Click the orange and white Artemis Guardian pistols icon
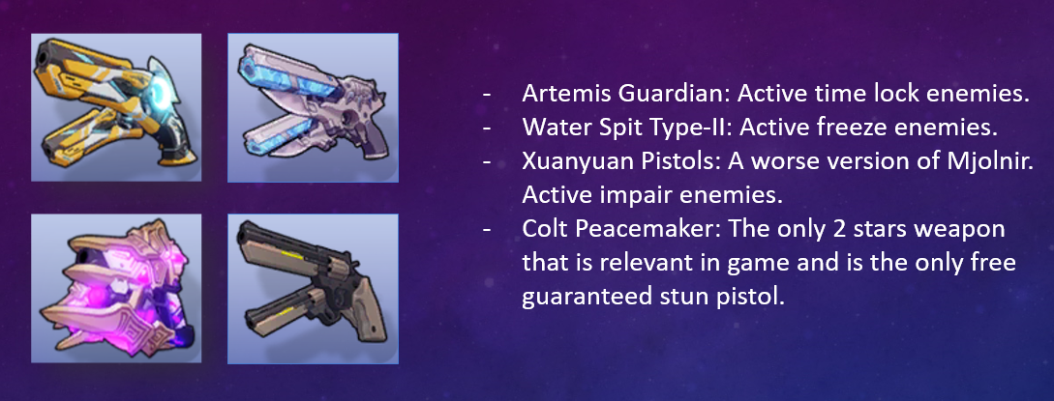[116, 107]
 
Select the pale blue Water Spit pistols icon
[313, 107]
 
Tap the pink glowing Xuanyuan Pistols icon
[116, 288]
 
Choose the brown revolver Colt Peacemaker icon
[313, 288]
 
